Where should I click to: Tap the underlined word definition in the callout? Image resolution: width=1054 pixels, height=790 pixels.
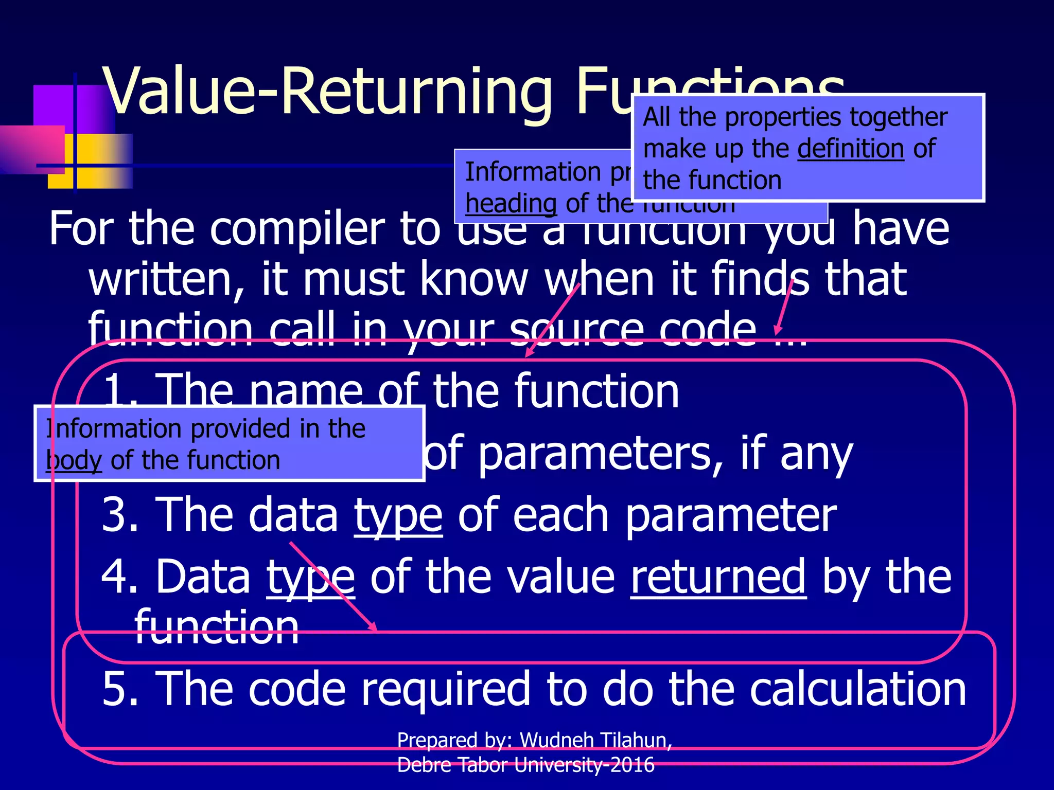(850, 149)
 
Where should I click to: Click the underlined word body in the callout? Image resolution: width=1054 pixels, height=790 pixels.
(74, 460)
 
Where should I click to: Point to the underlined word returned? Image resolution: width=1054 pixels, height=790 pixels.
(718, 577)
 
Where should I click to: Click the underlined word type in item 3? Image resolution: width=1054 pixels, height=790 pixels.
(398, 515)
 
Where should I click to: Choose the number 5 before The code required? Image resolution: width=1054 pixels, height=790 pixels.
(118, 689)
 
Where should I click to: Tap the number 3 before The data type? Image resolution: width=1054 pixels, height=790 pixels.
(118, 515)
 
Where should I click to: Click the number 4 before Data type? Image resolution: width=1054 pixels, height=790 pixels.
(118, 577)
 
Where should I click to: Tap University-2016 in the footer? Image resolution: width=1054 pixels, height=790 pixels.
(584, 765)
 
